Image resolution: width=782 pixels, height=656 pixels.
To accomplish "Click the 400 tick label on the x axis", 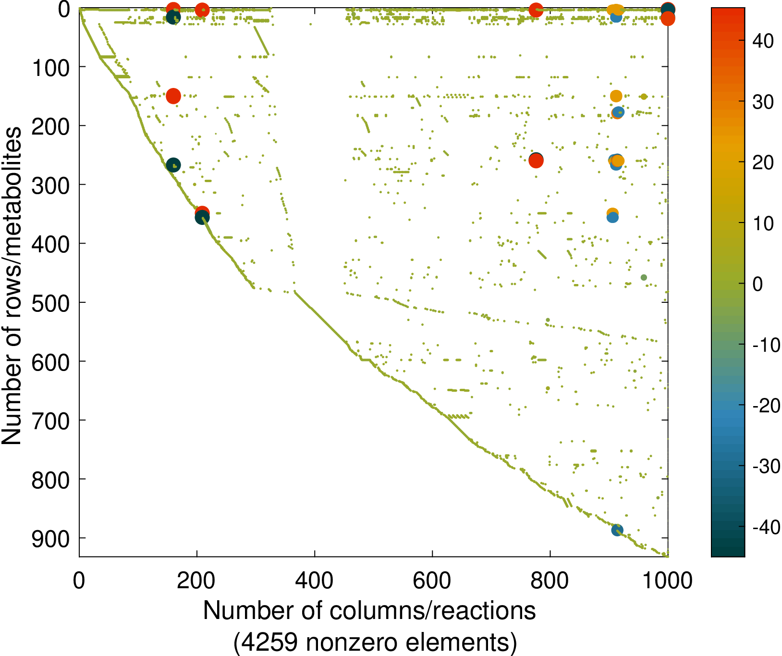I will (314, 581).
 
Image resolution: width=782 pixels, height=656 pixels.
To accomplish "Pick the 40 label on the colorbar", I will (763, 41).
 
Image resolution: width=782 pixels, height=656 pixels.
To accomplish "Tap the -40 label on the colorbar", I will (766, 528).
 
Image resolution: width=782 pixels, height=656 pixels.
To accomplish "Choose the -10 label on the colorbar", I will (766, 345).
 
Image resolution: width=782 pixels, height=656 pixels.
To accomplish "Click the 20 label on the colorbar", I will (763, 163).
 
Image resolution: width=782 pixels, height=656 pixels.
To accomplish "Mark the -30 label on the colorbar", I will (766, 467).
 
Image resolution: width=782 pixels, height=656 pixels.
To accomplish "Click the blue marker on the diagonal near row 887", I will (617, 530).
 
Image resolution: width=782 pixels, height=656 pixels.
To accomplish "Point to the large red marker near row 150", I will (173, 96).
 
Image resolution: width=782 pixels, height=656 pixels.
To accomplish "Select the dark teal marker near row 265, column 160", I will (173, 165).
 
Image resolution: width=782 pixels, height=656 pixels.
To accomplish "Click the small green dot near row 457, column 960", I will (644, 277).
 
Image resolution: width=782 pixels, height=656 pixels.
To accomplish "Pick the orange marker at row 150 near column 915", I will (616, 96).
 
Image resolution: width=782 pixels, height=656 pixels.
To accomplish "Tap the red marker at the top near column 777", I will (536, 10).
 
